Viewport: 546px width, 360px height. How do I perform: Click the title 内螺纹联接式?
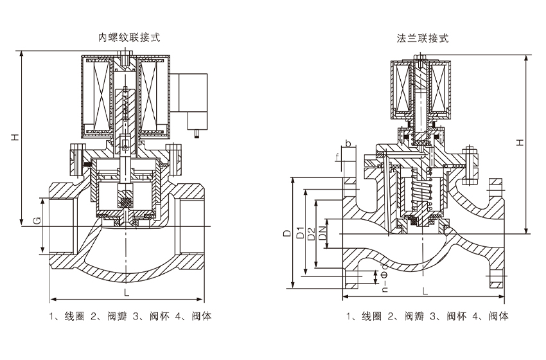(x=129, y=37)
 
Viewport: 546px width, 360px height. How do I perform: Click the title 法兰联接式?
(x=423, y=38)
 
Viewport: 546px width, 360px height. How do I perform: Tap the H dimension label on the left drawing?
(x=15, y=137)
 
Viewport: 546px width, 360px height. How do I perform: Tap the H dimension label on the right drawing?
(x=520, y=142)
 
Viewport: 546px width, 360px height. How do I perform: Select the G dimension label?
(x=37, y=221)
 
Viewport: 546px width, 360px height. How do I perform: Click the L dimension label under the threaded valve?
(x=127, y=292)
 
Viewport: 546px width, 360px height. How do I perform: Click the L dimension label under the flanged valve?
(x=425, y=291)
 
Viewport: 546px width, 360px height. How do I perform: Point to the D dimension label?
(x=286, y=233)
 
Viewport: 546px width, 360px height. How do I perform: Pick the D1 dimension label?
(x=300, y=233)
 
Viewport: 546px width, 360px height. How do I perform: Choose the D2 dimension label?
(x=312, y=233)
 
